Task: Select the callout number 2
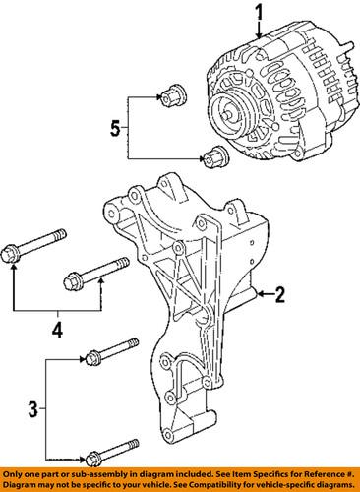click(279, 293)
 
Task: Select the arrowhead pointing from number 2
click(257, 293)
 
